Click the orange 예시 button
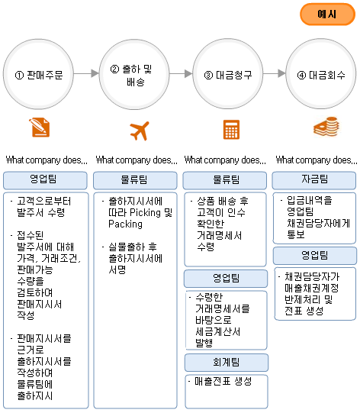327,15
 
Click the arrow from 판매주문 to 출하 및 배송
86,73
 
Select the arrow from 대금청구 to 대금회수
275,73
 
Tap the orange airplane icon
140,131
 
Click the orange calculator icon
231,129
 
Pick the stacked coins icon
326,127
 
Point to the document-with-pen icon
40,127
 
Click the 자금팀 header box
314,180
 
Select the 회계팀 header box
227,363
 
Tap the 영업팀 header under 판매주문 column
45,180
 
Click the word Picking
145,212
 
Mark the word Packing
126,224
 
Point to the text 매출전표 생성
223,381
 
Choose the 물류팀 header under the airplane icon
135,180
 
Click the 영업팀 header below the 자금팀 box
315,256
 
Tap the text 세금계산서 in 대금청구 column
218,331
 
